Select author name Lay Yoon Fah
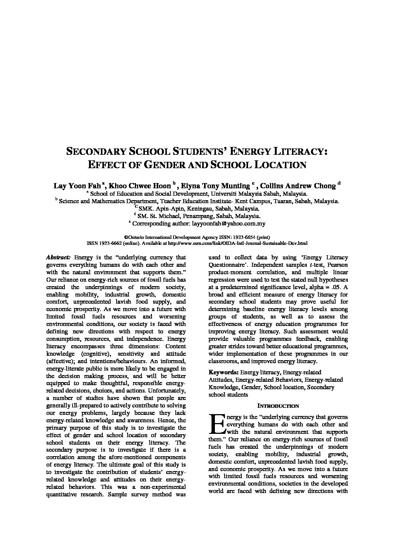pyautogui.click(x=77, y=185)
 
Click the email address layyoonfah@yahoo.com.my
pyautogui.click(x=228, y=224)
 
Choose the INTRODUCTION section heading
pyautogui.click(x=278, y=406)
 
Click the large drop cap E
pyautogui.click(x=217, y=425)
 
